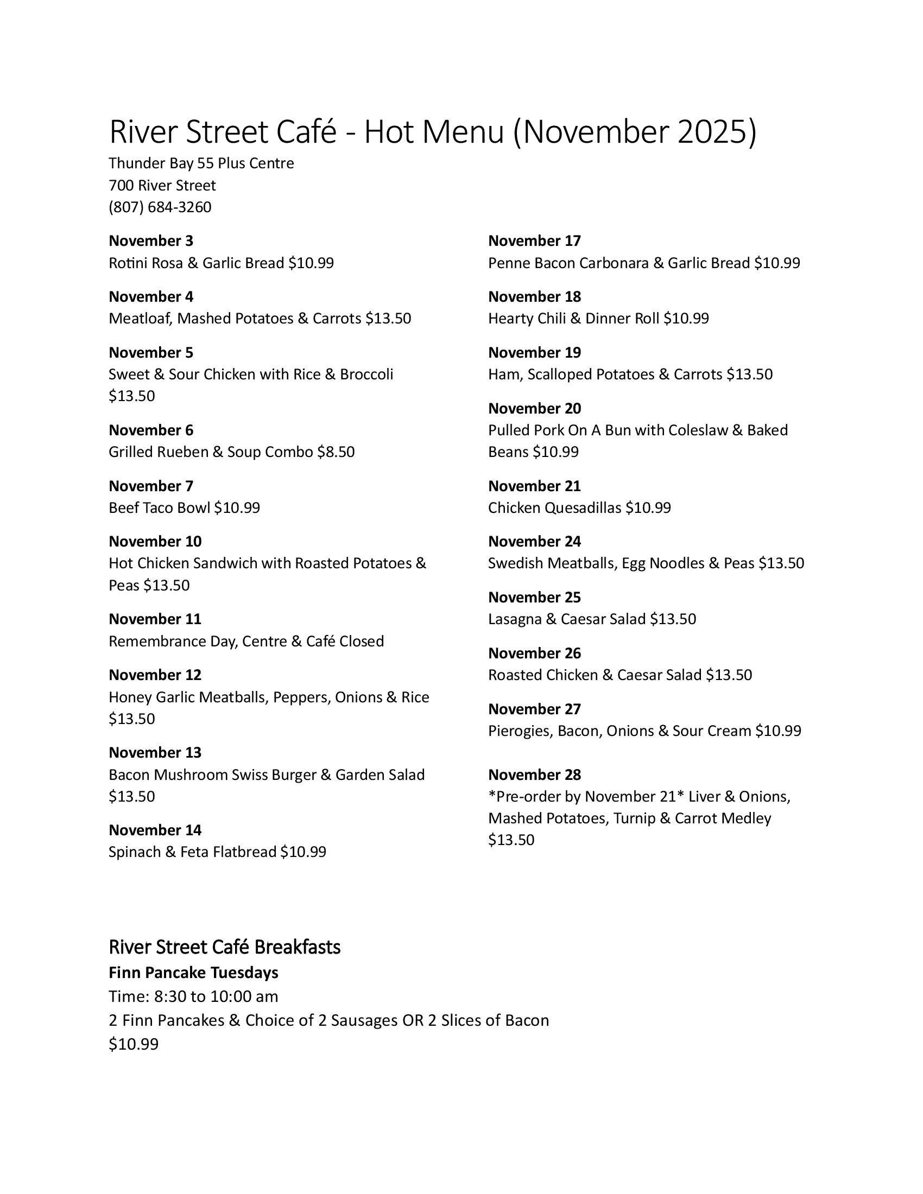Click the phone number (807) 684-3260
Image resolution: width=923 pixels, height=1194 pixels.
coord(160,207)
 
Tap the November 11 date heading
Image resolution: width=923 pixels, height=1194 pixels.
coord(155,619)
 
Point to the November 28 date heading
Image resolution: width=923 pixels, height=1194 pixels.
coord(534,774)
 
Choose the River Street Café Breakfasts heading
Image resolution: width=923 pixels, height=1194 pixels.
coord(224,947)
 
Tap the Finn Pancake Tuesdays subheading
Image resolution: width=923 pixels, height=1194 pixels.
coord(193,973)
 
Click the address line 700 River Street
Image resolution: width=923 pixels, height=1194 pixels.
coord(162,185)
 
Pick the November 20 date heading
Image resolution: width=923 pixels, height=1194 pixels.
coord(534,408)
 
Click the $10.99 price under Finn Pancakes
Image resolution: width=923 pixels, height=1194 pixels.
coord(134,1044)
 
